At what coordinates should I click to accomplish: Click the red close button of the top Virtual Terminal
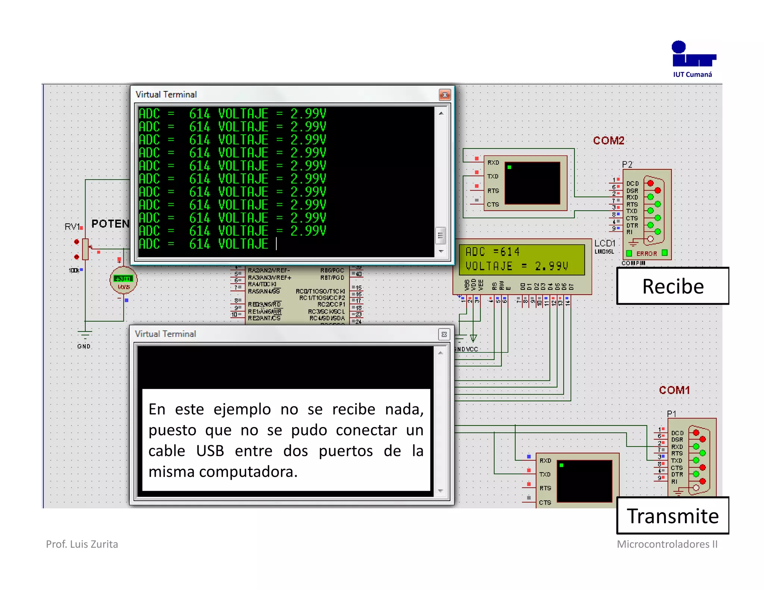click(444, 95)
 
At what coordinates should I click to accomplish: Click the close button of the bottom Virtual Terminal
click(444, 335)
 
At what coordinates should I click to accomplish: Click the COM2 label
click(608, 141)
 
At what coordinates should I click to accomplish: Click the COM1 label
click(674, 390)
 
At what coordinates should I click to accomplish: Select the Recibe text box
click(673, 286)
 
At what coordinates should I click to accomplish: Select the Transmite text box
click(673, 516)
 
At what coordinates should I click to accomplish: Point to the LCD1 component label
click(604, 244)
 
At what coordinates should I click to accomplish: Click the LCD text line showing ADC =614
click(492, 252)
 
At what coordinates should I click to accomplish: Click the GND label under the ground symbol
click(84, 346)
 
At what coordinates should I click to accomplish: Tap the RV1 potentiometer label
click(72, 227)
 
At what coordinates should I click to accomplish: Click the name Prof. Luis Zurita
click(82, 544)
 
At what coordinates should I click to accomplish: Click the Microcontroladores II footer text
click(667, 544)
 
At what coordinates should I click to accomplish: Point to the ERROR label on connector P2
click(646, 254)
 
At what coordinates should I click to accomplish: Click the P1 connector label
click(671, 414)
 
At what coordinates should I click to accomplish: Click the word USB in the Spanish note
click(210, 451)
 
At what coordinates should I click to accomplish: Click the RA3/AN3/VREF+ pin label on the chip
click(269, 277)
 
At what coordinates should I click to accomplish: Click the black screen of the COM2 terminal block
click(532, 183)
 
